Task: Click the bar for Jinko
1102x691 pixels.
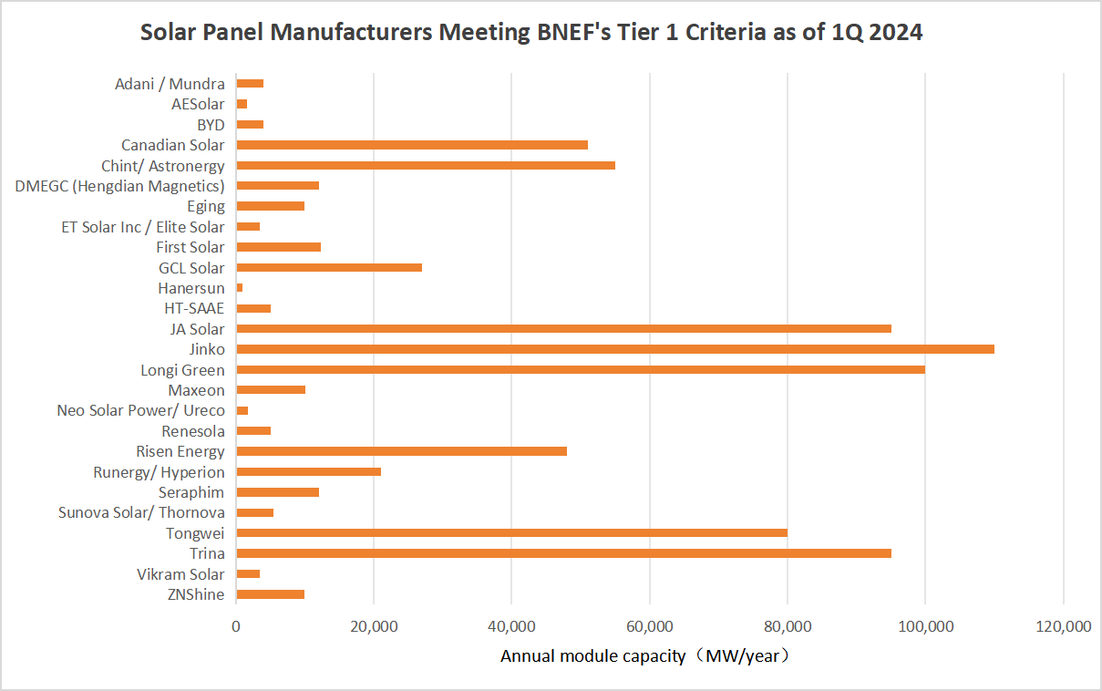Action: [615, 349]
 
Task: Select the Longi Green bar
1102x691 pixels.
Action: [581, 369]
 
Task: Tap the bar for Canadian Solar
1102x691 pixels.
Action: [412, 145]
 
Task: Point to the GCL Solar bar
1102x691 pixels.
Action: [329, 267]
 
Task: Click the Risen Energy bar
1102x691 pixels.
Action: [401, 451]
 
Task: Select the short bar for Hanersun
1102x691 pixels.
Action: [240, 288]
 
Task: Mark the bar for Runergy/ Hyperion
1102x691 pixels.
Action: [308, 471]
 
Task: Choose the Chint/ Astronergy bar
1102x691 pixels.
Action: [426, 165]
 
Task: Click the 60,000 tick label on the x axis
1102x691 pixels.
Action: [649, 627]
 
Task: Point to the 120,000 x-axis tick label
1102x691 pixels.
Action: [1063, 627]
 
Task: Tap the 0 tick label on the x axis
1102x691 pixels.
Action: [236, 627]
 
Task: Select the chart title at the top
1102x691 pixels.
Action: [531, 33]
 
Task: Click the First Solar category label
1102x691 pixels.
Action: [191, 247]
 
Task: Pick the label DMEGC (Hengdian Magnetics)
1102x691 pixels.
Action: [120, 186]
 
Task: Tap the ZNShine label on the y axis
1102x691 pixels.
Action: [196, 594]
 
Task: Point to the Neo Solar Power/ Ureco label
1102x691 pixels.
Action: [140, 410]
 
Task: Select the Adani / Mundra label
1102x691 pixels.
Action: [170, 84]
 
